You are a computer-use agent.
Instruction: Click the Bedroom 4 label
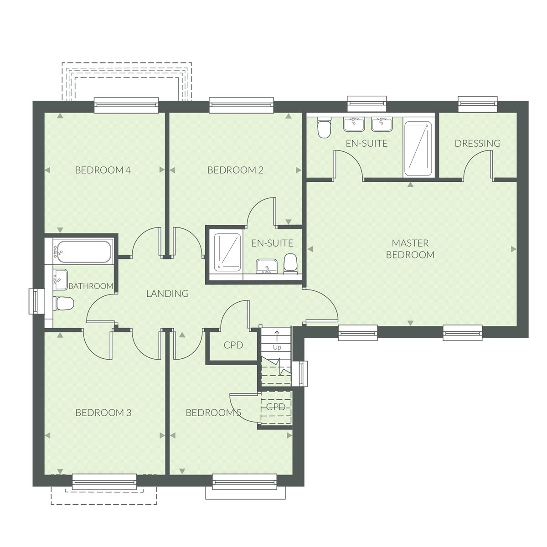103,170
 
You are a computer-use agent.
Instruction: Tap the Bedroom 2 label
235,170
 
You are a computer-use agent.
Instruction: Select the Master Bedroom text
410,249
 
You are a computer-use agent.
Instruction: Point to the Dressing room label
477,143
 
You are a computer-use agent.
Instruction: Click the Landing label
167,294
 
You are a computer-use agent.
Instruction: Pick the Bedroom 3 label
103,413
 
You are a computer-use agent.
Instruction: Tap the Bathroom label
91,286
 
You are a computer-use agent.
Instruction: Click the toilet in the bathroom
63,304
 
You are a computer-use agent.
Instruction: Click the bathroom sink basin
60,279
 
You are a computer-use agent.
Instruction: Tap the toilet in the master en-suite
324,128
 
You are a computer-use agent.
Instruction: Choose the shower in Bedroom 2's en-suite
227,252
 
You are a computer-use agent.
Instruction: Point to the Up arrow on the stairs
277,336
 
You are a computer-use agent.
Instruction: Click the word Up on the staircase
277,347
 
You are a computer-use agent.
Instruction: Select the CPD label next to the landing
233,345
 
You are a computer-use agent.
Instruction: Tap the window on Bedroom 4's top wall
126,105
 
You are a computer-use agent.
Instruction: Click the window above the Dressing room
478,104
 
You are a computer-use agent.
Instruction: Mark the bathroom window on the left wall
36,301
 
